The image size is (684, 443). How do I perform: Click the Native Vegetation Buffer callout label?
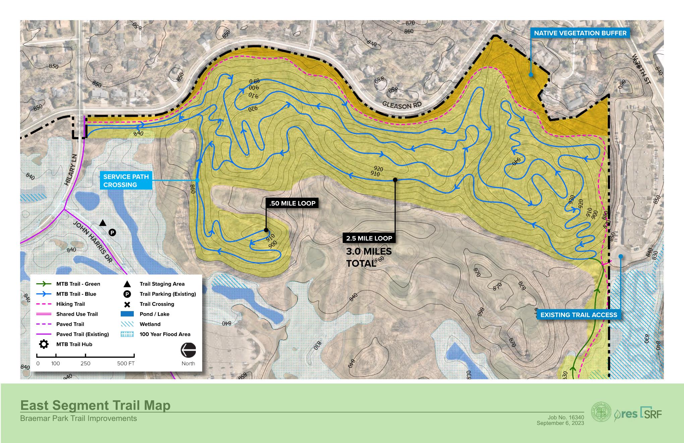580,33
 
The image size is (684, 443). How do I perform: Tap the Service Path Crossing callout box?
126,181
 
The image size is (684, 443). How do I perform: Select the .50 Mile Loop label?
292,203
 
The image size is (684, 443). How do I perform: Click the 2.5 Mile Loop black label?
369,238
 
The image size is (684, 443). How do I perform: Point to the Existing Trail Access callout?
579,315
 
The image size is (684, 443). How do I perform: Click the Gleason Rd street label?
402,106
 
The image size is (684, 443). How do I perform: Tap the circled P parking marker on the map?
112,232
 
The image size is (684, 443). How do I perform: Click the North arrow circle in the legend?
188,350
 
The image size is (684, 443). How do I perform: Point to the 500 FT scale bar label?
126,363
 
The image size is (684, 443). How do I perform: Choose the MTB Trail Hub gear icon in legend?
44,344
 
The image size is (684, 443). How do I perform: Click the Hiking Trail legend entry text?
70,304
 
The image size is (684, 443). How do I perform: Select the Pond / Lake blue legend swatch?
127,314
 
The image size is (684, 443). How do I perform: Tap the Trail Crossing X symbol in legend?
127,304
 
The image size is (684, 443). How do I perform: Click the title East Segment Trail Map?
95,405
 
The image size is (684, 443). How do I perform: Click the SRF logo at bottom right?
651,414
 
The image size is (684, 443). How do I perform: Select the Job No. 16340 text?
566,417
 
